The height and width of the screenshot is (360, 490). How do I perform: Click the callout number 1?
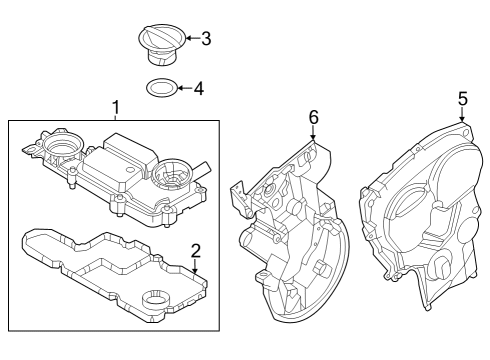coord(115,106)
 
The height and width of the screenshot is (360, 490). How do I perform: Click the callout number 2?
coord(196,250)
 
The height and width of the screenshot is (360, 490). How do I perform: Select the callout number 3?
coord(205,39)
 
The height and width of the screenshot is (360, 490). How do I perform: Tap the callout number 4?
coord(198,88)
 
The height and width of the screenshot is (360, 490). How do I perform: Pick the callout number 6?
coord(313,118)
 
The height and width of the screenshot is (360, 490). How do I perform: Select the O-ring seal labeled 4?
coord(159,89)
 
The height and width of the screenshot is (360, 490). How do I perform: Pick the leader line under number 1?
coord(115,117)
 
